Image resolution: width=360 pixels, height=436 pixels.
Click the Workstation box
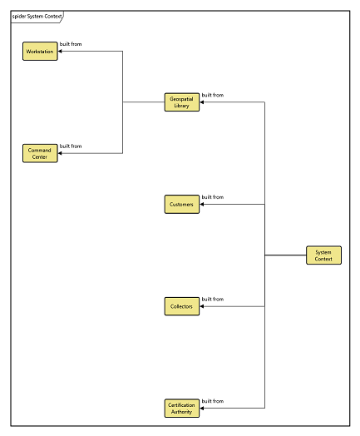(40, 52)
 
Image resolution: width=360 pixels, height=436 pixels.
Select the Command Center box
(40, 153)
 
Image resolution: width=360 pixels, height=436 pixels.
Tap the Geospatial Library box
(181, 102)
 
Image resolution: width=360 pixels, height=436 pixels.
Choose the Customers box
(181, 204)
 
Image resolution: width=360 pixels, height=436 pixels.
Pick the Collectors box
(181, 306)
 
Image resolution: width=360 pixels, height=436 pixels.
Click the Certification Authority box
(181, 408)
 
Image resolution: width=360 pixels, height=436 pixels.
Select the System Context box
(323, 255)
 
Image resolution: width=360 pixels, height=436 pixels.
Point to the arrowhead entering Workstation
(61, 52)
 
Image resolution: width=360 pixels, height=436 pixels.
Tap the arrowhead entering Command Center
(61, 153)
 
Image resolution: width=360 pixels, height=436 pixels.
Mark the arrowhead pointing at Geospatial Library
(203, 102)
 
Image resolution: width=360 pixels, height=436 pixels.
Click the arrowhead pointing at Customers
(203, 204)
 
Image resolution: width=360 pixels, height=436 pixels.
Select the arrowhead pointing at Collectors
(203, 306)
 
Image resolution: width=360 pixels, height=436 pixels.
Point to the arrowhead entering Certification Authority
(203, 408)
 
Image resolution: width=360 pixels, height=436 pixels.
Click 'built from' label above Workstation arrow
(71, 44)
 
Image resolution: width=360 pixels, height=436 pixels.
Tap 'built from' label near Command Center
(71, 146)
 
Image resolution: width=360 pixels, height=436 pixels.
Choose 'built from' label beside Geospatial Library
(213, 95)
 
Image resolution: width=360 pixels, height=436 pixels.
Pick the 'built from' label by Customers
(213, 197)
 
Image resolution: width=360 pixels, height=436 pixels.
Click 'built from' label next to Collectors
(213, 299)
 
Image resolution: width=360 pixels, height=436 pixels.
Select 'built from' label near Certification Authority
(213, 401)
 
